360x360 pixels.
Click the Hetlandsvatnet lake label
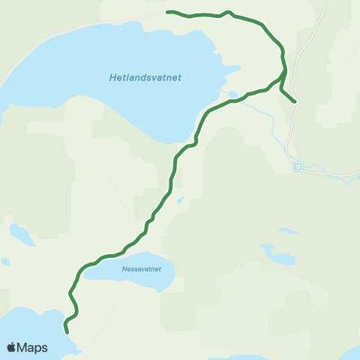tap(145, 77)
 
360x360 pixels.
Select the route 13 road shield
tap(297, 167)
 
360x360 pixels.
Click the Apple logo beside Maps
tap(11, 347)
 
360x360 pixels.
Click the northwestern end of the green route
tap(167, 12)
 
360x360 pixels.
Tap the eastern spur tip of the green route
tap(295, 101)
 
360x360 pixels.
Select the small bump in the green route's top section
tap(228, 12)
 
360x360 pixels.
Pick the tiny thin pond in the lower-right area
tap(285, 231)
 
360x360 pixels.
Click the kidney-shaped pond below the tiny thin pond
tap(280, 257)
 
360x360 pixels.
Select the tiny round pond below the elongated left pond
tap(5, 262)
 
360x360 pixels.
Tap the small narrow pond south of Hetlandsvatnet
tap(181, 200)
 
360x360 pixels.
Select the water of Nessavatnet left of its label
tap(97, 271)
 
